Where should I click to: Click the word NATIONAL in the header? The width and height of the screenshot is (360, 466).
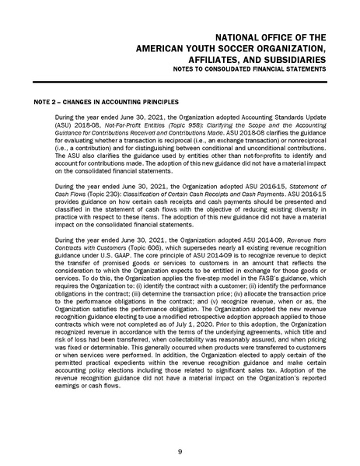click(231, 37)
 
